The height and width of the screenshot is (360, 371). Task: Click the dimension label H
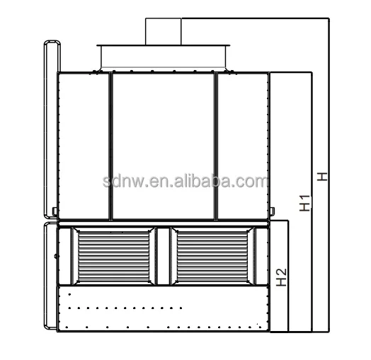click(x=322, y=177)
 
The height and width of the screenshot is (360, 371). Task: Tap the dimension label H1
click(x=304, y=203)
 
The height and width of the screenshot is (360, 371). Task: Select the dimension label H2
click(x=282, y=277)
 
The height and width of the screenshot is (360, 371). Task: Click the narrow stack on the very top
click(x=164, y=31)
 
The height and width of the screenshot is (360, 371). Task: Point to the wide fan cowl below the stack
click(x=163, y=57)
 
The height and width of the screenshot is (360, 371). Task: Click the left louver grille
click(x=113, y=256)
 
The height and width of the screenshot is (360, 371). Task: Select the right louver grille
click(x=212, y=256)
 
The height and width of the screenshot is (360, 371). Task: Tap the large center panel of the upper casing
click(x=164, y=146)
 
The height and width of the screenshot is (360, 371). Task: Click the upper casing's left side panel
click(x=84, y=146)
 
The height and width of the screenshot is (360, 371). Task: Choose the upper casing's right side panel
click(x=243, y=146)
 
